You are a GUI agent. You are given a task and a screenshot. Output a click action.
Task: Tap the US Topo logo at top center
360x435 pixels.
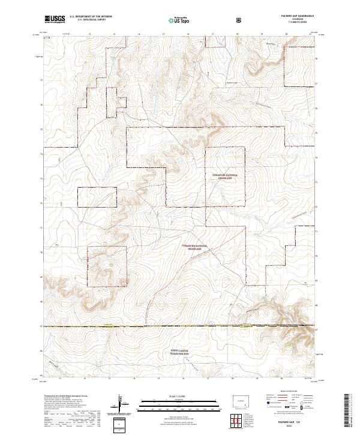tap(179, 20)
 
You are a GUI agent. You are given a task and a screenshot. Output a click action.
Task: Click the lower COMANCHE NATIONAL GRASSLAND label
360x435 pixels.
tap(199, 247)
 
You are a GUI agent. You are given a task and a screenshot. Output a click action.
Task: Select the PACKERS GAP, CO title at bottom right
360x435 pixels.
tap(293, 422)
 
